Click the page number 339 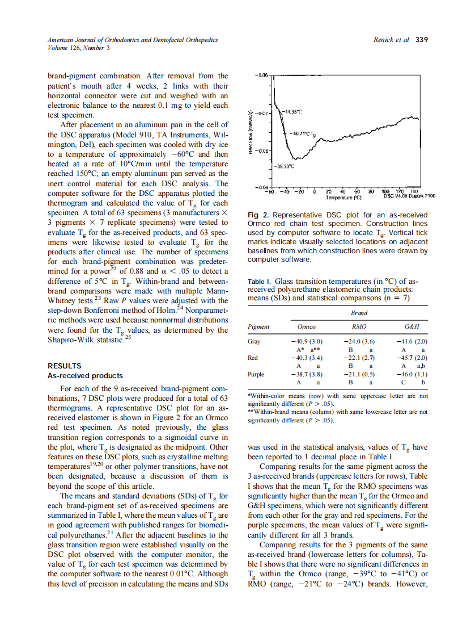tap(421, 40)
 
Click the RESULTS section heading tap(64, 366)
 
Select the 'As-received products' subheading tap(85, 376)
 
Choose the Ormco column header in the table tap(307, 327)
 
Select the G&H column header tap(412, 327)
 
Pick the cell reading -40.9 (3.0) tap(306, 342)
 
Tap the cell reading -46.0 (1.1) tap(412, 375)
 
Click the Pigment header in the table tap(259, 327)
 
